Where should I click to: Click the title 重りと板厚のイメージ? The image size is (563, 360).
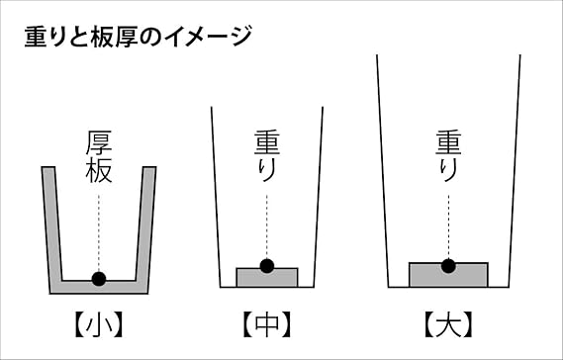pyautogui.click(x=138, y=37)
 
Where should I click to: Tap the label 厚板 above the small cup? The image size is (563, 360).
pyautogui.click(x=99, y=156)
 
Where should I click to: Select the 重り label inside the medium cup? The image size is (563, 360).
pyautogui.click(x=267, y=156)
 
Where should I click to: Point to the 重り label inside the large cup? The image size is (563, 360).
pyautogui.click(x=448, y=156)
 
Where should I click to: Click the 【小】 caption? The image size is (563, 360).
pyautogui.click(x=99, y=324)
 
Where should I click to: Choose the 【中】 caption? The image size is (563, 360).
pyautogui.click(x=267, y=324)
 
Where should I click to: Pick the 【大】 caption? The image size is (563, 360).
pyautogui.click(x=448, y=324)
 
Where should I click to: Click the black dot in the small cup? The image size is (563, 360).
pyautogui.click(x=99, y=279)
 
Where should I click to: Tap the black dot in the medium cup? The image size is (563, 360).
pyautogui.click(x=267, y=266)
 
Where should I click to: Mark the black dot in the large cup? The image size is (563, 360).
pyautogui.click(x=448, y=266)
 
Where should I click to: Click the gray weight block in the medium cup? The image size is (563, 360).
pyautogui.click(x=267, y=278)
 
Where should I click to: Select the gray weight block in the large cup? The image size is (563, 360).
pyautogui.click(x=448, y=276)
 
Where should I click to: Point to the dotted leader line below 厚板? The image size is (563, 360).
pyautogui.click(x=99, y=233)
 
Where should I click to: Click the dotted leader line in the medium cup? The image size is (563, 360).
pyautogui.click(x=267, y=226)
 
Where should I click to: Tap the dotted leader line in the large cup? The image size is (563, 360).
pyautogui.click(x=448, y=226)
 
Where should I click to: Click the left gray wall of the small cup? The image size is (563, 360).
pyautogui.click(x=52, y=229)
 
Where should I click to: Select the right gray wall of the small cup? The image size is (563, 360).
pyautogui.click(x=145, y=229)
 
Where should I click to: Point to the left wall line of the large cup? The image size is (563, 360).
pyautogui.click(x=382, y=171)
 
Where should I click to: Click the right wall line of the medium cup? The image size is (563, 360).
pyautogui.click(x=319, y=197)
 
